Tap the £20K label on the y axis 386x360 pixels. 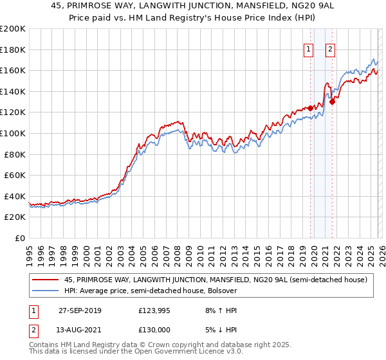[15, 217]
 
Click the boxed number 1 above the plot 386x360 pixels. [308, 48]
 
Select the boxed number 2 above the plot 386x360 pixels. [330, 48]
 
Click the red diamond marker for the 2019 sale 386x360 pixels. [310, 108]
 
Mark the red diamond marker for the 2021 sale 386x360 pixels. [332, 101]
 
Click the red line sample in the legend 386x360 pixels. [46, 280]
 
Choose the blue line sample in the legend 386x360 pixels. [46, 291]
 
